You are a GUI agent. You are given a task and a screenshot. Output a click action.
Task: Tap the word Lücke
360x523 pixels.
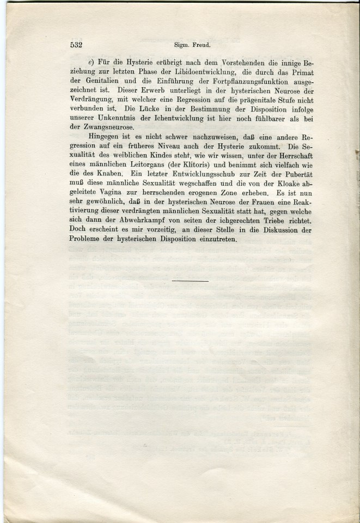(135, 113)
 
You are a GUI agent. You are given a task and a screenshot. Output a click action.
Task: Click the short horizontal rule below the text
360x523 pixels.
(190, 281)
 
